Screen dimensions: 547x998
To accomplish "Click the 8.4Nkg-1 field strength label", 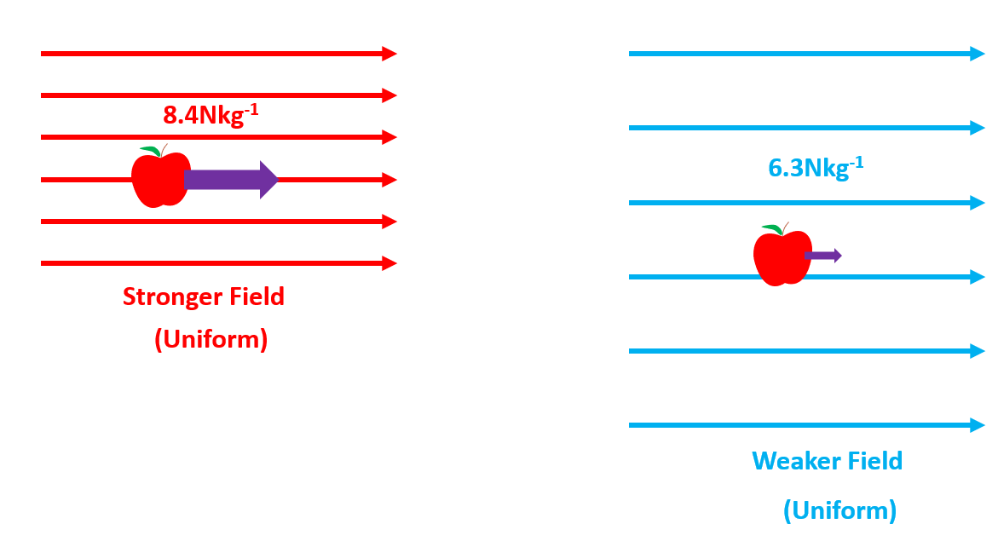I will click(210, 113).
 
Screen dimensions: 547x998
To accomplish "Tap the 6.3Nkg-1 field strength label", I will click(816, 166).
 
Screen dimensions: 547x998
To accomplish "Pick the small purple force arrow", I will click(822, 256).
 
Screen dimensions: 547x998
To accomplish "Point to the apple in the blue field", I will click(781, 258).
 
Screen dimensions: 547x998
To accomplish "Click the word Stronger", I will click(170, 297).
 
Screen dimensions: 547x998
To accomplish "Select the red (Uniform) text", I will click(211, 339).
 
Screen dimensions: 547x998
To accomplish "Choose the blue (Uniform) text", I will click(839, 510).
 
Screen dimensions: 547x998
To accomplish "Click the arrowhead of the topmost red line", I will click(389, 54).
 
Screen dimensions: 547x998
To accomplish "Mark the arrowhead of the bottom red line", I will click(389, 263).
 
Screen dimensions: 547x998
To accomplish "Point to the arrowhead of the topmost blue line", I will click(978, 54).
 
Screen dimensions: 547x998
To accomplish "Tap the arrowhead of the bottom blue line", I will click(978, 425).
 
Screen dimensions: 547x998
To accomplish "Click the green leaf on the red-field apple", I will click(150, 151).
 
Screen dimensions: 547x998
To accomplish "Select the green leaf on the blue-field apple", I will click(771, 228).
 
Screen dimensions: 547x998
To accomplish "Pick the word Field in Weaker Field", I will click(874, 462).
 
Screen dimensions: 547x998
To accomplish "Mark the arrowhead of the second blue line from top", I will click(978, 128).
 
